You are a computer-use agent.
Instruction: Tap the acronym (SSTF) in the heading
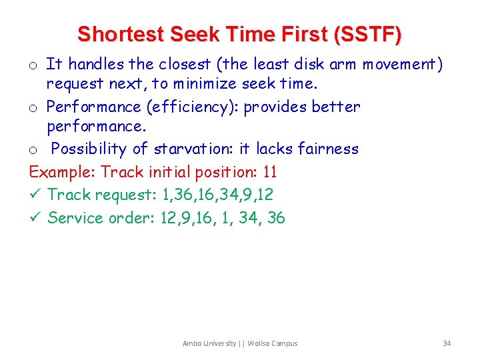point(370,34)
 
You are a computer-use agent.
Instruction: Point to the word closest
point(185,64)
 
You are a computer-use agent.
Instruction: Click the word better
point(335,107)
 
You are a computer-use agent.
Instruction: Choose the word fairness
point(327,149)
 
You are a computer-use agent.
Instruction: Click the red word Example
point(63,172)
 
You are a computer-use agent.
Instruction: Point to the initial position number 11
point(270,172)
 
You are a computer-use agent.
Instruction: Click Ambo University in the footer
point(209,343)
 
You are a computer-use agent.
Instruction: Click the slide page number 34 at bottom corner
point(447,343)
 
